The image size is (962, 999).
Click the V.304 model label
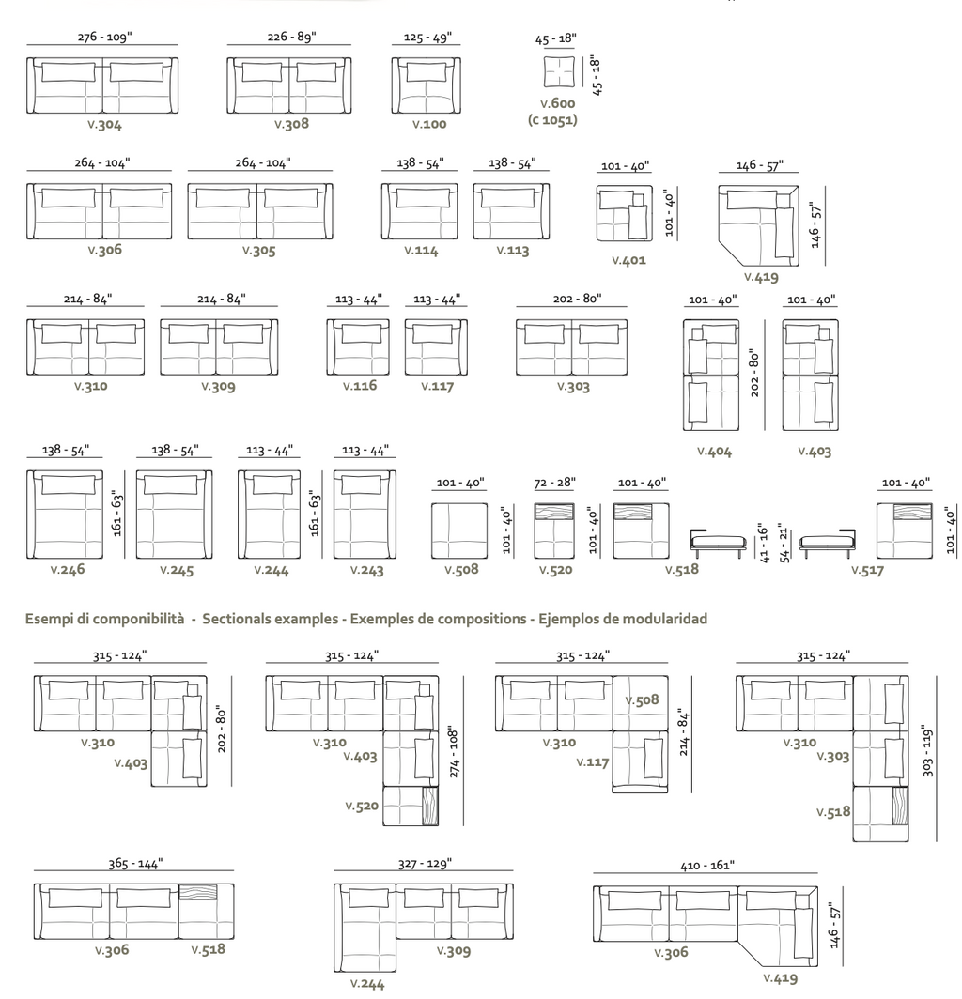click(103, 124)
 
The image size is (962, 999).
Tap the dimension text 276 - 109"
click(102, 37)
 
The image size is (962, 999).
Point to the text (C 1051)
click(552, 120)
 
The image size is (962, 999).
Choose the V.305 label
click(258, 251)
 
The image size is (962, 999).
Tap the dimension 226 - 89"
click(291, 37)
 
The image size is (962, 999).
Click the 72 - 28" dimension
click(555, 482)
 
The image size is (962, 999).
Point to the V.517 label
click(867, 569)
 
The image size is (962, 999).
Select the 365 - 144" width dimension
click(135, 863)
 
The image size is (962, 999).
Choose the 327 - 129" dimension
click(425, 863)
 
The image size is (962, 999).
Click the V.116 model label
click(359, 386)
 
